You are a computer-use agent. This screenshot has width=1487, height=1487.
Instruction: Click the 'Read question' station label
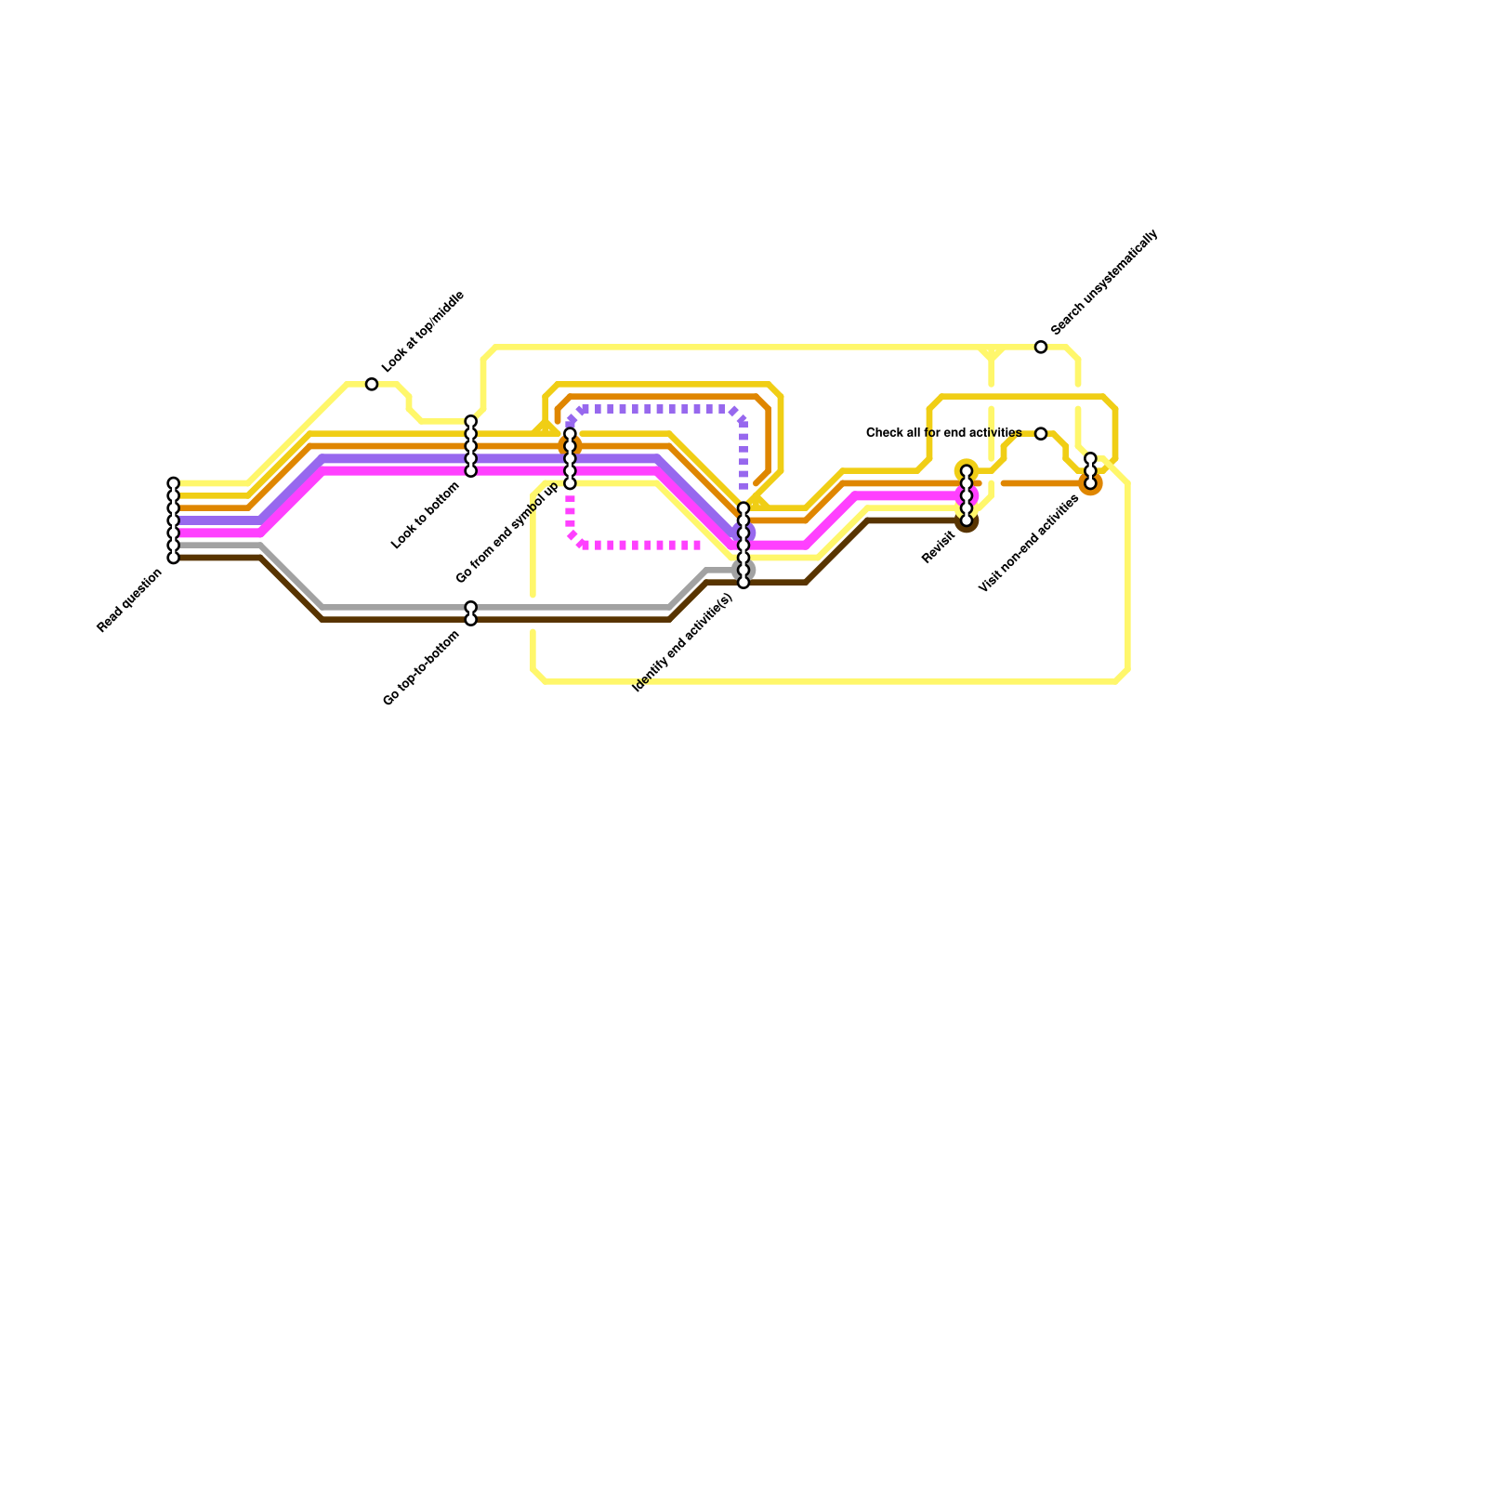(x=130, y=601)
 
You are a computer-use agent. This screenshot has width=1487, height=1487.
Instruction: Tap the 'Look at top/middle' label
(x=423, y=332)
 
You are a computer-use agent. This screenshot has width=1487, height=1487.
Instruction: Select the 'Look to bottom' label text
(x=427, y=515)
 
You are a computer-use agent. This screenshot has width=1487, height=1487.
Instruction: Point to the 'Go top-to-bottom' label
(x=422, y=668)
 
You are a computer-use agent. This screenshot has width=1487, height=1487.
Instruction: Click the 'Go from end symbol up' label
(x=508, y=533)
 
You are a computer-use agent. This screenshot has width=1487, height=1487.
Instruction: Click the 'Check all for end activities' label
(x=943, y=433)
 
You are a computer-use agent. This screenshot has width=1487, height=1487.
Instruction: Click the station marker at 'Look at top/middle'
(x=372, y=384)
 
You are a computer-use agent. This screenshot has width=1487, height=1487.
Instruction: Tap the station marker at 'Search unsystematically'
(x=1041, y=347)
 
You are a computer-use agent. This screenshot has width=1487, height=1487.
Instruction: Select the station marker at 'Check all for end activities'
(x=1041, y=434)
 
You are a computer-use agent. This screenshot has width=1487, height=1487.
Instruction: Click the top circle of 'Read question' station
(x=173, y=483)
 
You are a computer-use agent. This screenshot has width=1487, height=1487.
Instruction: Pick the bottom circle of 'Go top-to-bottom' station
(x=471, y=619)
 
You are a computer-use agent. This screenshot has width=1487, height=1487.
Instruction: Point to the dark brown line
(x=558, y=619)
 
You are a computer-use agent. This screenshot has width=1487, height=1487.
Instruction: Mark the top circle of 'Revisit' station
(x=967, y=471)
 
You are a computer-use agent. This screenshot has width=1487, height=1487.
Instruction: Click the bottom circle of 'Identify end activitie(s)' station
(x=743, y=583)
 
